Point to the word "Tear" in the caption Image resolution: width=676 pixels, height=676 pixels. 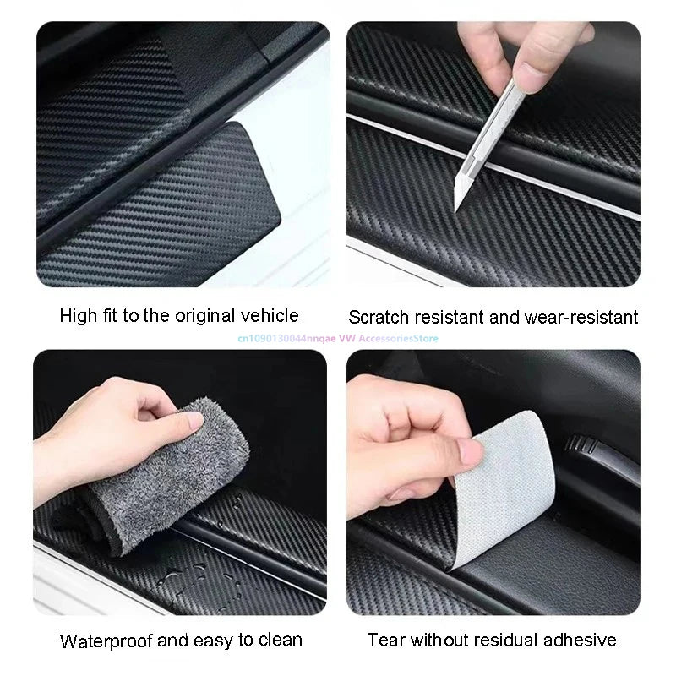coord(386,640)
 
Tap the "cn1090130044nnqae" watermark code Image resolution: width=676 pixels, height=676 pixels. coord(268,338)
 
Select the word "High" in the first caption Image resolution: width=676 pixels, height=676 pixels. coord(79,316)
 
